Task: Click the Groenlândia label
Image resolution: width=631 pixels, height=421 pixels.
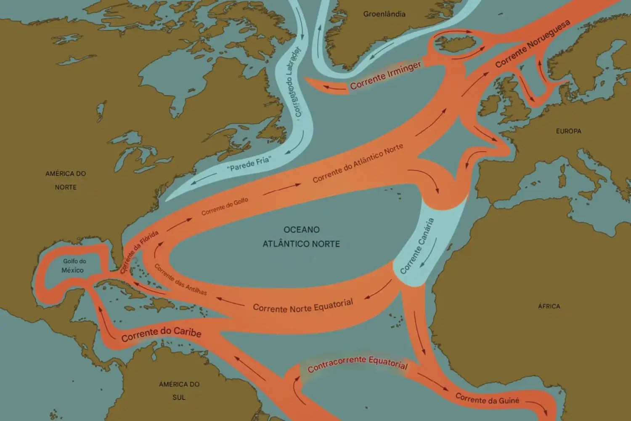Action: [384, 14]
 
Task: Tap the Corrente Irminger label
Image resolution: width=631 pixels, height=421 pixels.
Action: [385, 76]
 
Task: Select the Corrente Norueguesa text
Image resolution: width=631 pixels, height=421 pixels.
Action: [532, 44]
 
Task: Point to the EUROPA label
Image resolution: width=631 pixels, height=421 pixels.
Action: [568, 131]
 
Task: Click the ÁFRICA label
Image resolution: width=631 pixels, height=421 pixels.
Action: [549, 306]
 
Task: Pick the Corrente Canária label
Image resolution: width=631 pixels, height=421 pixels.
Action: [416, 246]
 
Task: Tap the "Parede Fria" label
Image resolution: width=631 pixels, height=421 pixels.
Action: [249, 163]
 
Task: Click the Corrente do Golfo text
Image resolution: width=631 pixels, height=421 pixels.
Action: [225, 207]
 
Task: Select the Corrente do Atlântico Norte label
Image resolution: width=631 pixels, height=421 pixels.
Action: [358, 163]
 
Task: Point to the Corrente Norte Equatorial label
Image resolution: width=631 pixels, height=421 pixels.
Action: [303, 306]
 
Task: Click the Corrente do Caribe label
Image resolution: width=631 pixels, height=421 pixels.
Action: [161, 334]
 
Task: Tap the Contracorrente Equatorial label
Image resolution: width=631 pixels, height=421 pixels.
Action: [358, 364]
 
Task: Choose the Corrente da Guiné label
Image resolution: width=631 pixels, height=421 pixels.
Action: [487, 399]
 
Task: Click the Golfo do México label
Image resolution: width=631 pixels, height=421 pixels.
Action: [73, 266]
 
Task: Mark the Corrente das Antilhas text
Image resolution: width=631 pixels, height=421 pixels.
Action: [180, 280]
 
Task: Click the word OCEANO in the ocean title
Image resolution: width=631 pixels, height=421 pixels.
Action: [301, 230]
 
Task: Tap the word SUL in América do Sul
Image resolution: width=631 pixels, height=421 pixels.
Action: [179, 397]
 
